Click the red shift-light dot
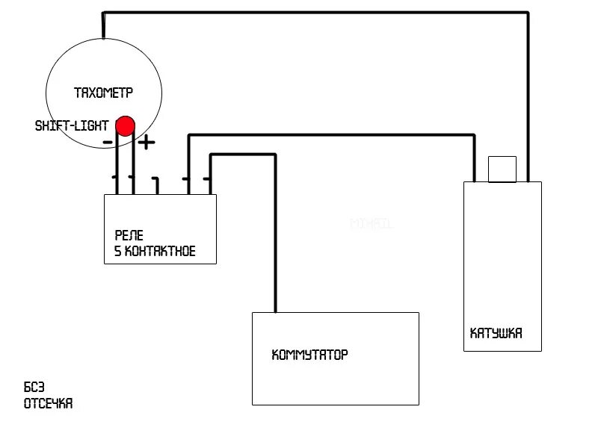tap(125, 125)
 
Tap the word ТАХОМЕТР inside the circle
tap(103, 93)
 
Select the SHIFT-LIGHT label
tap(72, 126)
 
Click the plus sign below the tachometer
tap(147, 142)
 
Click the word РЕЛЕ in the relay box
tap(129, 235)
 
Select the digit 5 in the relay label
tap(117, 252)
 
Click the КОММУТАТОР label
tap(309, 355)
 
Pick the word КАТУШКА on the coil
tap(496, 333)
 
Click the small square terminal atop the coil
tap(502, 168)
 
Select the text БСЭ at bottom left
tap(34, 388)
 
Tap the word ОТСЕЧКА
tap(48, 404)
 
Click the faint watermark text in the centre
tap(372, 223)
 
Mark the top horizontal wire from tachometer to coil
tap(314, 13)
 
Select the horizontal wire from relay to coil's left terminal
tap(329, 135)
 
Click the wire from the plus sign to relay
tap(134, 168)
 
